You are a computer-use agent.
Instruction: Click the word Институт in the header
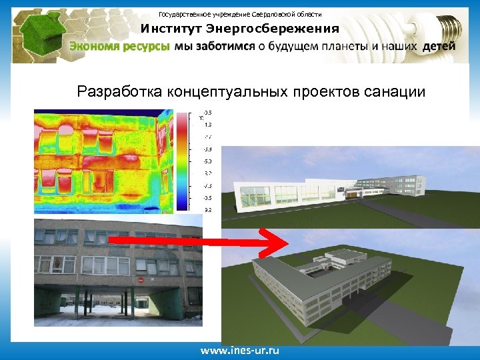(171, 29)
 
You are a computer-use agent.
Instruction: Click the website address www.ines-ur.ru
(241, 350)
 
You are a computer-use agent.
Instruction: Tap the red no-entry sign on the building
(141, 280)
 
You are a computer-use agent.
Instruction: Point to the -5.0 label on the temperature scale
(208, 161)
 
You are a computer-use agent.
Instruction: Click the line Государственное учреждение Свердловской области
(240, 14)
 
